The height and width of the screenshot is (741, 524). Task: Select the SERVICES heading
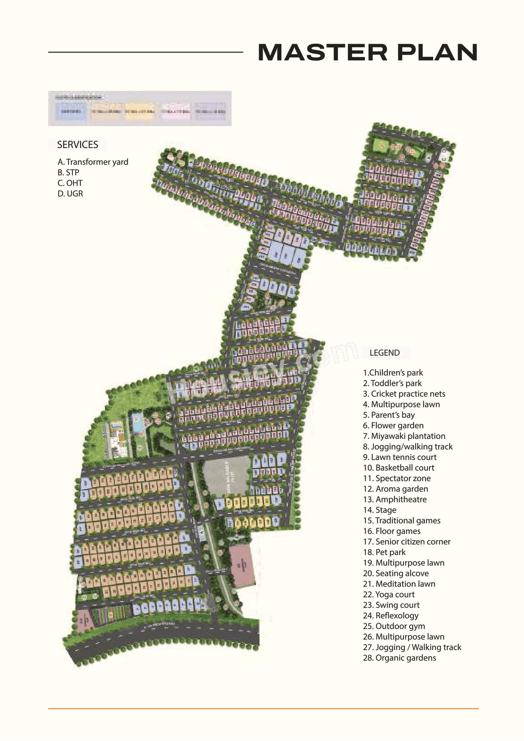77,145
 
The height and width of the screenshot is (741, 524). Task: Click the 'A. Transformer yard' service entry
93,162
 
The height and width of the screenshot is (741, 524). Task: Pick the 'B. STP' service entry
68,172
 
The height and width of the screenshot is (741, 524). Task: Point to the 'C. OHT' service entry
70,183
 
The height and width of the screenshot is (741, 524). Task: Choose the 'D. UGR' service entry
70,194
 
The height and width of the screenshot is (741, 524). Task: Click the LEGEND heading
384,352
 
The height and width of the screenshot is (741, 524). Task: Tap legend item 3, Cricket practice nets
404,394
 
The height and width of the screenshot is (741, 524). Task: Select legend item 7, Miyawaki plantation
404,436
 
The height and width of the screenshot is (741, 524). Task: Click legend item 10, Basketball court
399,468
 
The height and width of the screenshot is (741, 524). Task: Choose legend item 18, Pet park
384,552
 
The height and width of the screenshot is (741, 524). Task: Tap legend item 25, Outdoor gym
394,626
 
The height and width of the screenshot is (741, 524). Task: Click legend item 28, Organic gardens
400,658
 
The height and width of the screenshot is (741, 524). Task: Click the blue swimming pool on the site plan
137,422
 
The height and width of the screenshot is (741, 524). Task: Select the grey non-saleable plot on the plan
226,475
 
